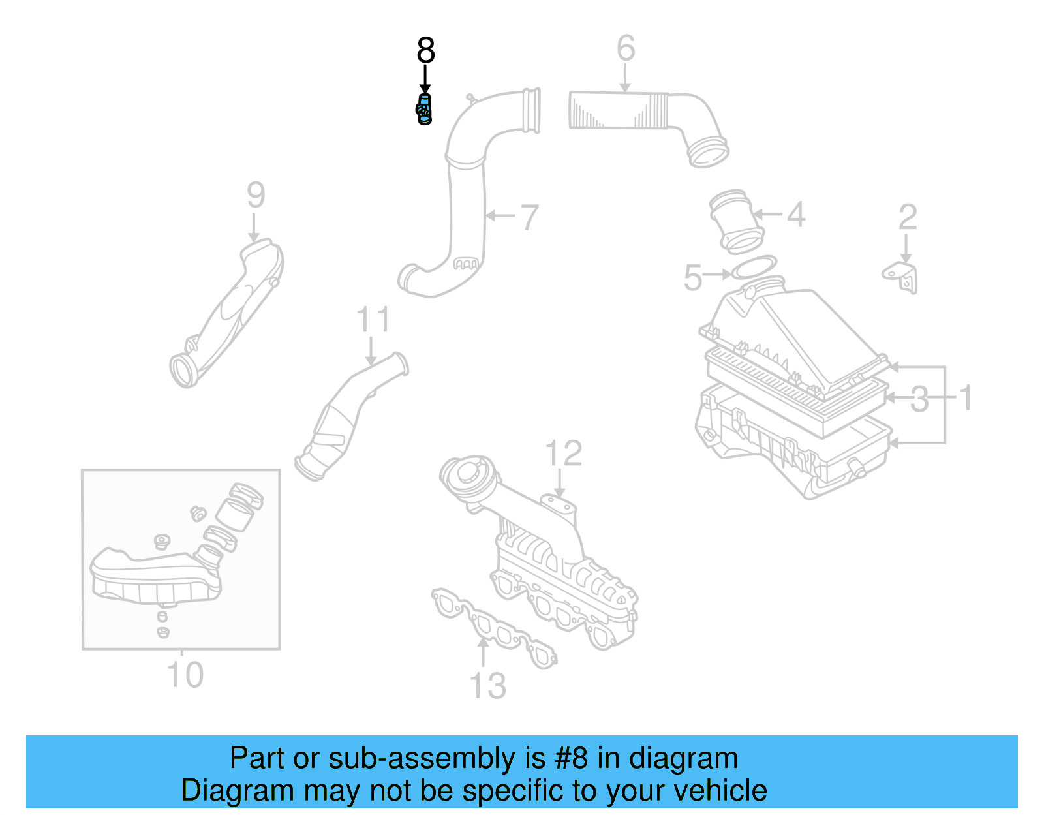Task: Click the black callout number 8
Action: pos(425,50)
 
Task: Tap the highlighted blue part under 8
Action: pos(424,110)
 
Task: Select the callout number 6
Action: pos(625,48)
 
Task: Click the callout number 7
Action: pos(529,217)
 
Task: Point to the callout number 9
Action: pos(256,195)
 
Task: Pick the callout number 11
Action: pos(373,320)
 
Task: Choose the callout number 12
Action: pos(563,454)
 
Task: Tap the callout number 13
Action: pos(487,686)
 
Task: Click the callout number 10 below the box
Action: pos(185,675)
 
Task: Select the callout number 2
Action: pos(908,217)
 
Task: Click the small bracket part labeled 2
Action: pos(902,277)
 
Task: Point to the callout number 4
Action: pos(795,215)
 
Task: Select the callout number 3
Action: pos(919,399)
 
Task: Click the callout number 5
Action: pos(692,278)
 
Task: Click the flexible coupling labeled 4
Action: pos(735,222)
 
